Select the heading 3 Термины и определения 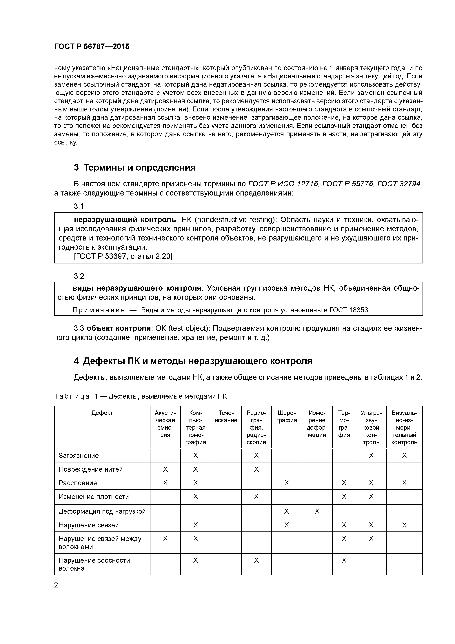134,167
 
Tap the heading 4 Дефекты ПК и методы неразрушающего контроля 193,361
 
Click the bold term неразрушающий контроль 124,219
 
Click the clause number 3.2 79,276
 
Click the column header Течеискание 226,417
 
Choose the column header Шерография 287,417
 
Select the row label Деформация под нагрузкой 102,511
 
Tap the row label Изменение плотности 94,497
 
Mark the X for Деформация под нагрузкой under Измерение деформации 317,511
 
